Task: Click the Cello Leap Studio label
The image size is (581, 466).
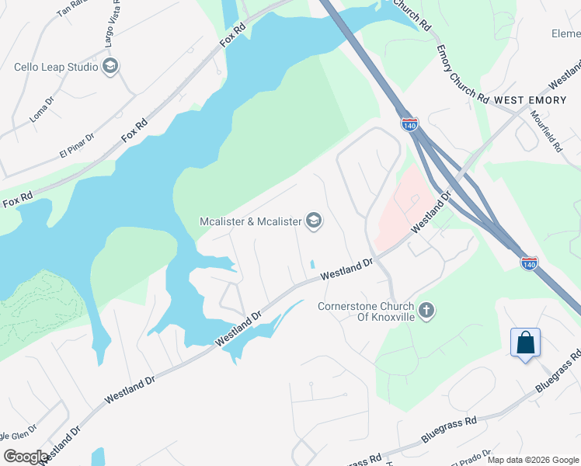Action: [56, 67]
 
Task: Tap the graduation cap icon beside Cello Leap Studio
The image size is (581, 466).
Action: [110, 67]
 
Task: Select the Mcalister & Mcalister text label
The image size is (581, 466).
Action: [250, 221]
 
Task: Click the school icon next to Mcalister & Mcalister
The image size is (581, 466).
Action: [314, 221]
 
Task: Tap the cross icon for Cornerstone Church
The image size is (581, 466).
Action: [426, 311]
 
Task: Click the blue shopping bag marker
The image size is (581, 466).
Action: [525, 343]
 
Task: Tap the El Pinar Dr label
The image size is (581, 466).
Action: [77, 146]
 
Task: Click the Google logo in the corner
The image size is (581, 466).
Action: [25, 457]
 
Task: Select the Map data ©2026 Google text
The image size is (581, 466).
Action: [533, 460]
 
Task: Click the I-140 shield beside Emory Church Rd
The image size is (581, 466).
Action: [410, 123]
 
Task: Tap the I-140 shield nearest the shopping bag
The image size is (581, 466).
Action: [529, 263]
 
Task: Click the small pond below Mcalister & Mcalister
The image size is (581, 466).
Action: [312, 263]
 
